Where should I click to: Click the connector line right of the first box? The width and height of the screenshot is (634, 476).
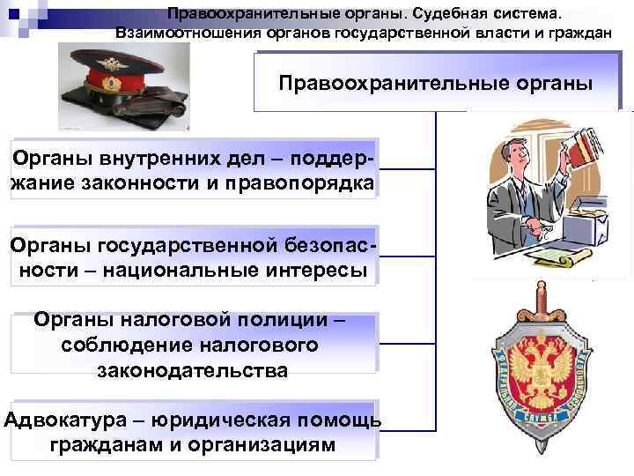pos(408,168)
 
